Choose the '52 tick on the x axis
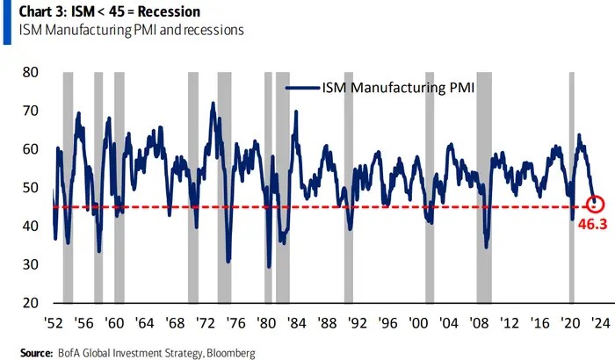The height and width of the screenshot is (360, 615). pyautogui.click(x=54, y=322)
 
